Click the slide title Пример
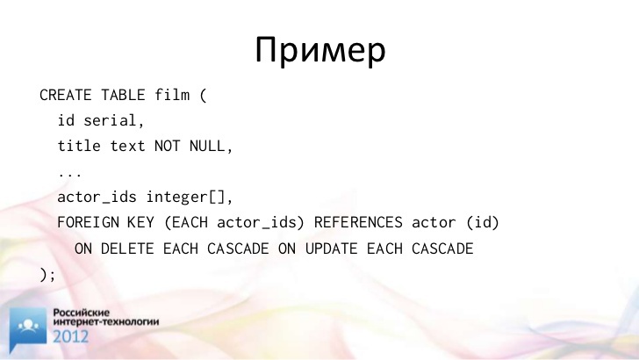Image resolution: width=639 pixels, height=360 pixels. [x=320, y=50]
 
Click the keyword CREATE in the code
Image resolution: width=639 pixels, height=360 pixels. [x=66, y=95]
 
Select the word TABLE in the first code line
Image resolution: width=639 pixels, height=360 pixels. [x=123, y=95]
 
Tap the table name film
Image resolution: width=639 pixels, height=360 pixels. [x=172, y=95]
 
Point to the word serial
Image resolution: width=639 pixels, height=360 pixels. [x=110, y=120]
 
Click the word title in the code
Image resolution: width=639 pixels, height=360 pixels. [x=79, y=146]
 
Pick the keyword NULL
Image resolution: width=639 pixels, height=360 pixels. [x=207, y=146]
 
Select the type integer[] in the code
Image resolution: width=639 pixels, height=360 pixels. [x=185, y=197]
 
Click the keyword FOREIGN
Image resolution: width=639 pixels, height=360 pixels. [x=88, y=223]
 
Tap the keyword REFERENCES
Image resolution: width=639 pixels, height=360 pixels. [x=358, y=223]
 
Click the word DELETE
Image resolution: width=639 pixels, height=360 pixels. [x=127, y=248]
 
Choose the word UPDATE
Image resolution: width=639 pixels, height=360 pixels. [x=331, y=248]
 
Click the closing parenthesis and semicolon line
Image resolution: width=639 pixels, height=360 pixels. [x=47, y=274]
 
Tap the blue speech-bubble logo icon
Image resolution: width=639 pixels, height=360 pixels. [x=28, y=328]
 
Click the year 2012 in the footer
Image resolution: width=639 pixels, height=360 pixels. [x=70, y=337]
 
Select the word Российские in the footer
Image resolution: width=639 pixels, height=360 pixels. [x=82, y=313]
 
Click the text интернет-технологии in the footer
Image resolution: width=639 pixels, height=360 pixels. [x=106, y=321]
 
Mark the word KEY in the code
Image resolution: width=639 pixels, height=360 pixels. [x=140, y=223]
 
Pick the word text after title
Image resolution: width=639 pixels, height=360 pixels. [x=127, y=146]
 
